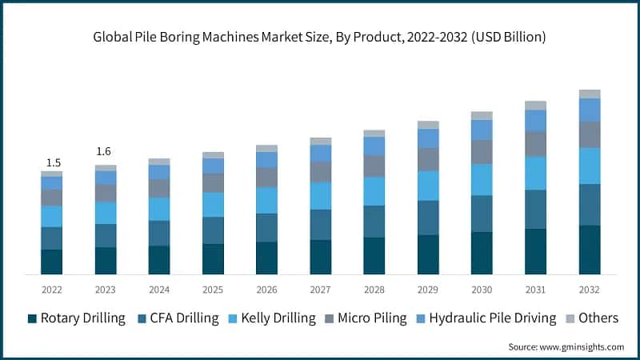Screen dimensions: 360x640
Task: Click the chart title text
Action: tap(320, 38)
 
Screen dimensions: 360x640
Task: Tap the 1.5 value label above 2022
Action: tap(52, 163)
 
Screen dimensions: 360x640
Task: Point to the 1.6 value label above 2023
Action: tap(106, 151)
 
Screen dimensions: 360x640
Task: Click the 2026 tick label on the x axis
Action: tap(266, 290)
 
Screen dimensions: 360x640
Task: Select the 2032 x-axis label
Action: tap(589, 290)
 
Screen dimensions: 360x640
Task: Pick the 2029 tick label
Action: tap(428, 290)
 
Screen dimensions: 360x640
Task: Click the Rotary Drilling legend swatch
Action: tap(32, 318)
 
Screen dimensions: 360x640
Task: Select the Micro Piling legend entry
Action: tap(375, 318)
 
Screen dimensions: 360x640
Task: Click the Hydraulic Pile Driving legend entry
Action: tap(492, 318)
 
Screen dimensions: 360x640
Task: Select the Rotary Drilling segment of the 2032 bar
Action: tap(590, 250)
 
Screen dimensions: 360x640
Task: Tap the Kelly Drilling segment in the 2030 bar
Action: tap(482, 179)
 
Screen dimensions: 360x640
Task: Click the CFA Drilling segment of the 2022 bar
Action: tap(52, 238)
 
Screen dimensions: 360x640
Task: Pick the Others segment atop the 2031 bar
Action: tap(535, 106)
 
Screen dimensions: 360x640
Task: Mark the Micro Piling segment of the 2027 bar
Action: tap(321, 171)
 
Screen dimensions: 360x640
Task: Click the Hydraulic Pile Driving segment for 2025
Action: tap(213, 166)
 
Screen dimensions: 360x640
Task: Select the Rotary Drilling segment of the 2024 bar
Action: tap(159, 260)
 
